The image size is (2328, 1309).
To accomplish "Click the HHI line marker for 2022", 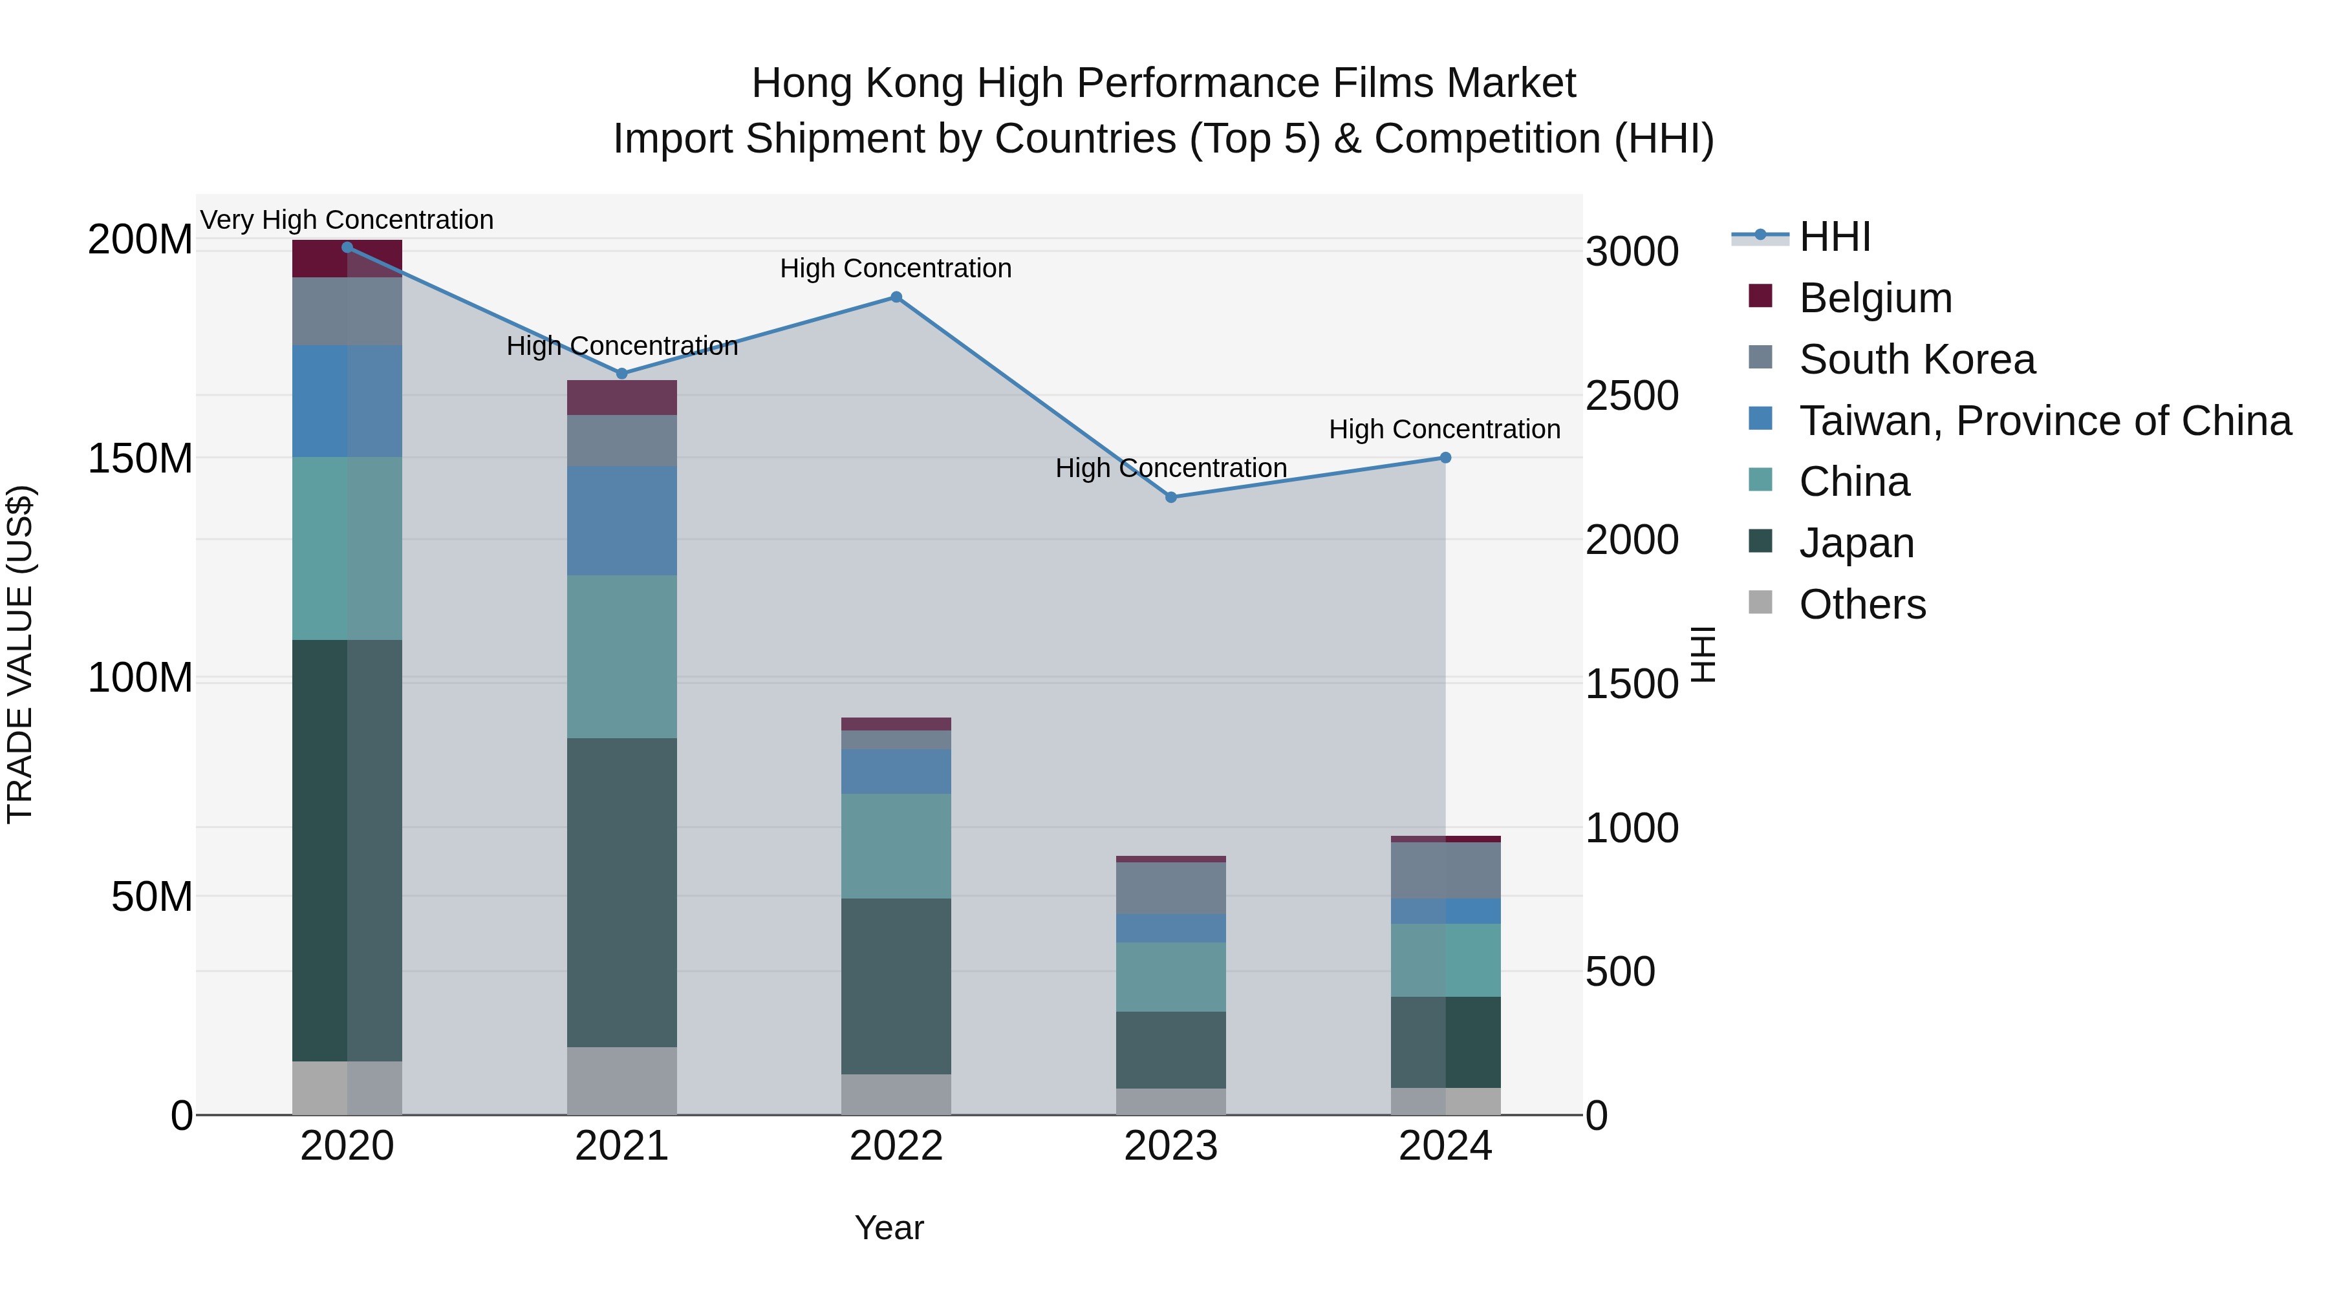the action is (x=896, y=297).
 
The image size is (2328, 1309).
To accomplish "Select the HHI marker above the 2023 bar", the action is (x=1170, y=497).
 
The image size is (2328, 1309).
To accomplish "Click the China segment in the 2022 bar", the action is (x=896, y=846).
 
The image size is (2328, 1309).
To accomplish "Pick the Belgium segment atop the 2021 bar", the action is (x=621, y=398).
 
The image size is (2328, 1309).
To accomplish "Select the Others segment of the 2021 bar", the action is (x=621, y=1080).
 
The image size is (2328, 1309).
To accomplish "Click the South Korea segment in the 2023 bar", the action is (x=1170, y=888).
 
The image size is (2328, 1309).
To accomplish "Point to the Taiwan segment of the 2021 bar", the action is (x=621, y=520).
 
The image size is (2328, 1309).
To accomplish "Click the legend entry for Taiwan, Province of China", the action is (x=2044, y=421).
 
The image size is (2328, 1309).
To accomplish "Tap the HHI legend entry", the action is (x=1834, y=237).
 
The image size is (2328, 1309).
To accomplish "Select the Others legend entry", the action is (x=1862, y=604).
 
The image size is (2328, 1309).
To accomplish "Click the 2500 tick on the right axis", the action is (x=1632, y=396).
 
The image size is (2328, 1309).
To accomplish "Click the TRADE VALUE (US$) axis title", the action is (x=20, y=655).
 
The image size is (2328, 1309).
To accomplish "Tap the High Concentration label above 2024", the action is (x=1444, y=429).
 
